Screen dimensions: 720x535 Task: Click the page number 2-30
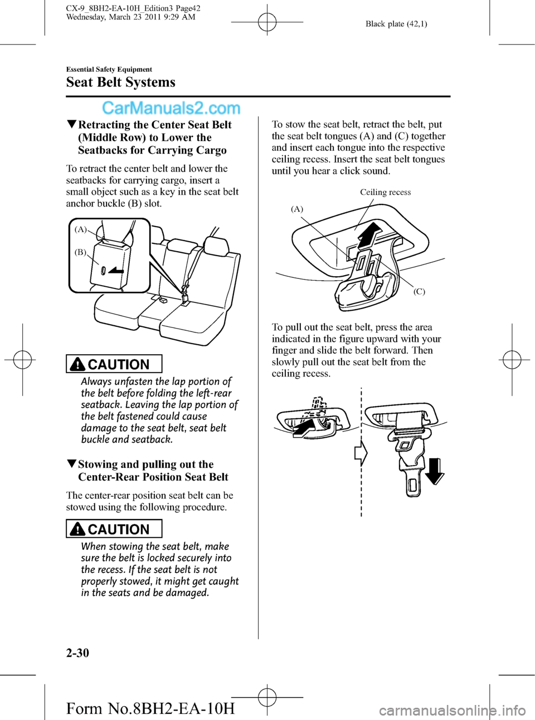[x=77, y=653]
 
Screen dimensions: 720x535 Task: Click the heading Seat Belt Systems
[x=120, y=82]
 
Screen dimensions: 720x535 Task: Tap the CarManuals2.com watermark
[x=171, y=108]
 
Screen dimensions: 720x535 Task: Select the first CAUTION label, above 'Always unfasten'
[x=114, y=364]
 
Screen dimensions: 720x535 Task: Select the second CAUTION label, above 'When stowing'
[x=114, y=529]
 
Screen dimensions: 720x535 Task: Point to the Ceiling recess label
[x=385, y=192]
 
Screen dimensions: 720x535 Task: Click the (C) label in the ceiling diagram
[x=419, y=291]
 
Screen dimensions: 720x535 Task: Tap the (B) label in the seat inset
[x=81, y=252]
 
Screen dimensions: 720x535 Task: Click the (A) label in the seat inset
[x=81, y=229]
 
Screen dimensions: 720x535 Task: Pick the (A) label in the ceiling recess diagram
[x=297, y=209]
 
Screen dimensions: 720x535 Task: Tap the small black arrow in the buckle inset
[x=116, y=271]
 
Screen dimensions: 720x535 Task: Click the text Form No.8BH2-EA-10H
[x=150, y=708]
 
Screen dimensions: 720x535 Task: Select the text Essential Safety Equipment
[x=109, y=70]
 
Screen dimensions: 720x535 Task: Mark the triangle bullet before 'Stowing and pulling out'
[x=71, y=464]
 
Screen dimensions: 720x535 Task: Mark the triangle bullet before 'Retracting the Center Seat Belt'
[x=71, y=125]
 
